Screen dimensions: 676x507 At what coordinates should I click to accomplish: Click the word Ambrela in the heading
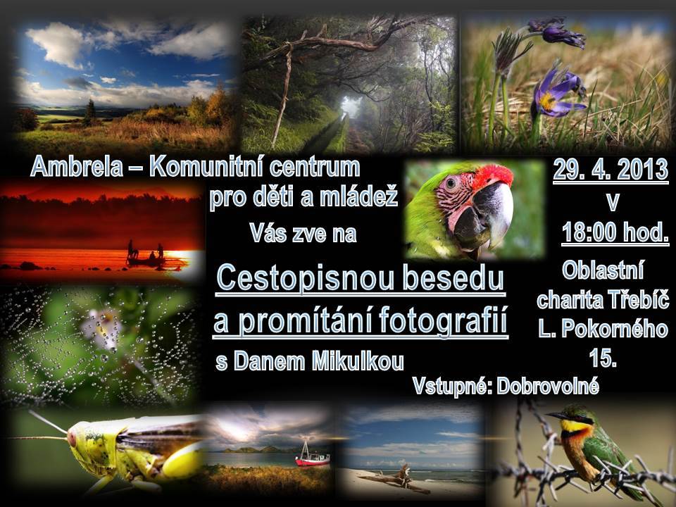(x=77, y=166)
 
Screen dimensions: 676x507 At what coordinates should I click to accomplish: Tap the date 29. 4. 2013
(x=611, y=170)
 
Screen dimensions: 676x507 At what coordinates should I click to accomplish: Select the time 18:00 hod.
(x=615, y=233)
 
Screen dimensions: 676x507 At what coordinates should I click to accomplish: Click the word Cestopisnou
(x=305, y=277)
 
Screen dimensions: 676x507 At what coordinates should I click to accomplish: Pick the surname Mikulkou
(x=358, y=361)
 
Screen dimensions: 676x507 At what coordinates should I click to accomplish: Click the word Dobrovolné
(x=548, y=387)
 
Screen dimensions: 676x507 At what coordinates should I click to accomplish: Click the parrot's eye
(x=451, y=182)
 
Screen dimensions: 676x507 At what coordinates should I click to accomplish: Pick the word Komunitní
(x=206, y=167)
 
